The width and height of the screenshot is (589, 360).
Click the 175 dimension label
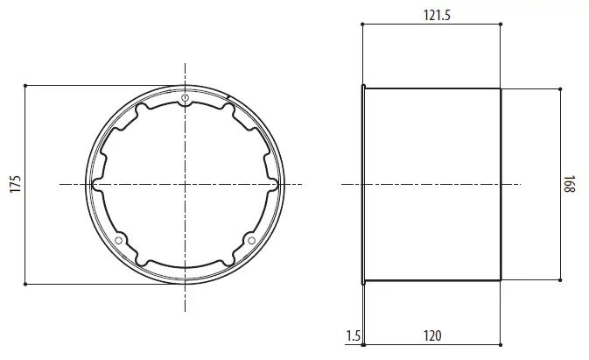coord(15,185)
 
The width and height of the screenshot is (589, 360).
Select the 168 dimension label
coord(570,185)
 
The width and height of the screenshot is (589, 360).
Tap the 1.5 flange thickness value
coord(353,335)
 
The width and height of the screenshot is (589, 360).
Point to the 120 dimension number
coord(431,335)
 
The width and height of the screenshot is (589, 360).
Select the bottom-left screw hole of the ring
coord(119,239)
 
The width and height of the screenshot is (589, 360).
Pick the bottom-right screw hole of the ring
coord(251,239)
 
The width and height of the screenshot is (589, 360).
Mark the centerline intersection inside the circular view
coord(186,184)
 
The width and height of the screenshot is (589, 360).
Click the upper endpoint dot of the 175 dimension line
coord(26,85)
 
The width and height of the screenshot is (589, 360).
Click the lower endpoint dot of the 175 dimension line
coord(26,284)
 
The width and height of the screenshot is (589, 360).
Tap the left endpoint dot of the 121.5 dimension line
coord(362,25)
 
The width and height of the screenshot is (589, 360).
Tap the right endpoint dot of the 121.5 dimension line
coord(501,25)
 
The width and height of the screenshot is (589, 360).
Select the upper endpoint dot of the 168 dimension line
coord(559,88)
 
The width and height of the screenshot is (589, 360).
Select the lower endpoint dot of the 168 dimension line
coord(559,280)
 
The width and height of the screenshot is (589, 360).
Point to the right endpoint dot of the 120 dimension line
coord(501,345)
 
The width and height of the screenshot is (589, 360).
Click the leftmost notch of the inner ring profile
coord(95,184)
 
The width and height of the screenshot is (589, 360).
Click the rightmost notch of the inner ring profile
coord(277,184)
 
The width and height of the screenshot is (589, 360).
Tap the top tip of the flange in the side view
coord(361,86)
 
